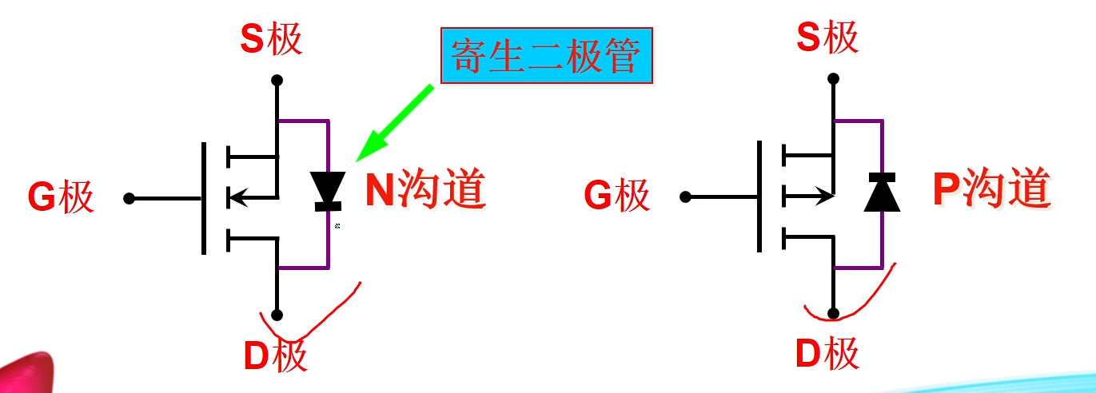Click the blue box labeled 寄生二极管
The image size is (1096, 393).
pos(547,56)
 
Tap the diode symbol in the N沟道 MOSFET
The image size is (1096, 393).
pos(328,190)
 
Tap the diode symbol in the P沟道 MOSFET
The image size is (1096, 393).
pos(883,192)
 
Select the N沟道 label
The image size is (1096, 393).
pos(425,191)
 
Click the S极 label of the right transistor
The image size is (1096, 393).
pos(828,38)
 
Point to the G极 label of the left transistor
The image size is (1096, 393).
pos(61,197)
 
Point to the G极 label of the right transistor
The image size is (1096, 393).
pos(617,195)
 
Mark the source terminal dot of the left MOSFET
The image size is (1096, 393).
pos(277,80)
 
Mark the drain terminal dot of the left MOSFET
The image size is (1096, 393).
pos(277,315)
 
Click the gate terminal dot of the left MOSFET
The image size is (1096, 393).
pos(130,197)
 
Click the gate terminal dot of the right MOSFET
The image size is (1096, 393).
pos(684,196)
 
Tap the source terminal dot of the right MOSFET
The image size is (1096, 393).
pos(834,78)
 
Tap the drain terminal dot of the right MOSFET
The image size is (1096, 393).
pos(834,313)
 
